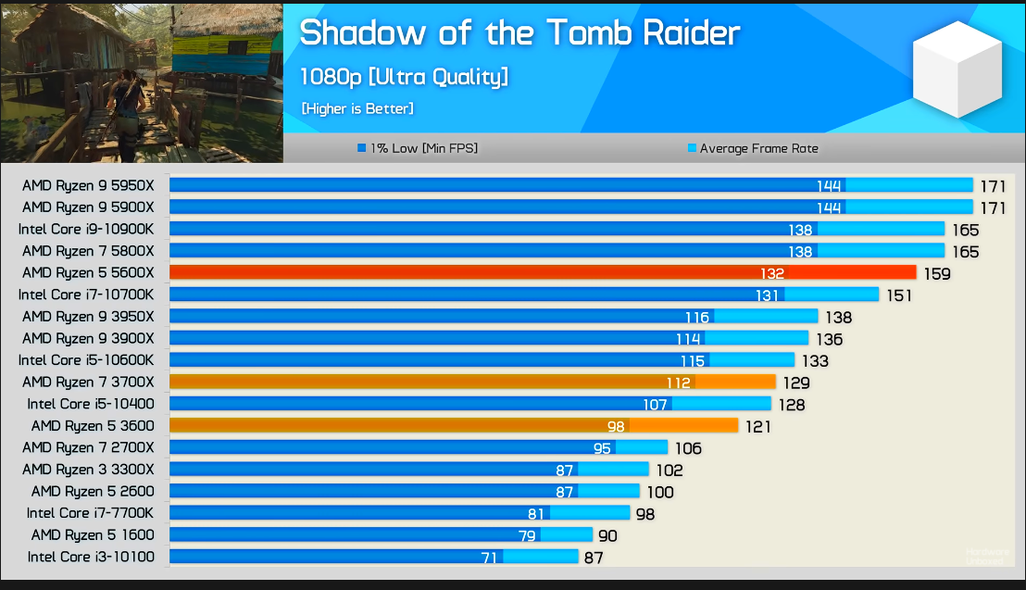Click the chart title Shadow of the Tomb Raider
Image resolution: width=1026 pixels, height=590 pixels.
pos(519,33)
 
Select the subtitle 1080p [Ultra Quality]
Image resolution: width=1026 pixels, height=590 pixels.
pos(404,77)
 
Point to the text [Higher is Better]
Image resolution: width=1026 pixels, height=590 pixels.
pos(357,108)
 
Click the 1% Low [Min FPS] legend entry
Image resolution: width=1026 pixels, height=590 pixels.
pos(418,148)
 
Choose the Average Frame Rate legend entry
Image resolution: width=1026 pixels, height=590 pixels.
pos(753,148)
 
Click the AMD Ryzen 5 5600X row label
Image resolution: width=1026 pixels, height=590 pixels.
pos(88,272)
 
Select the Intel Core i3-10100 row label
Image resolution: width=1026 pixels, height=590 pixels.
pos(91,557)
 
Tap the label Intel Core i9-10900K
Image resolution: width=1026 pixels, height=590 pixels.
pos(86,229)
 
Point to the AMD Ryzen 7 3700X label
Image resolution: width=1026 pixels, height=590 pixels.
pos(88,382)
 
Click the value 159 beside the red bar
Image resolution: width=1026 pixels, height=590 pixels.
pos(937,274)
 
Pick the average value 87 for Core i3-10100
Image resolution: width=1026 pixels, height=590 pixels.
pos(594,558)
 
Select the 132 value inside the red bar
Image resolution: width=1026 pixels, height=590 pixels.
pos(771,273)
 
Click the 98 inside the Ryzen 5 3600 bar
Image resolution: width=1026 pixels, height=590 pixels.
pos(617,426)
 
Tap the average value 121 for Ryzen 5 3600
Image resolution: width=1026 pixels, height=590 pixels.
pos(757,426)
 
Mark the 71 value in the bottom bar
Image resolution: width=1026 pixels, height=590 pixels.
pos(489,558)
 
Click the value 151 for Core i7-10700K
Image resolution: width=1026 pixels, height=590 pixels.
pos(898,295)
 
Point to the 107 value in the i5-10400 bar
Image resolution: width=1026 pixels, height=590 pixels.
pos(656,405)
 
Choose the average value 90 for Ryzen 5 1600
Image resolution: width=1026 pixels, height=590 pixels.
pos(607,535)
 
